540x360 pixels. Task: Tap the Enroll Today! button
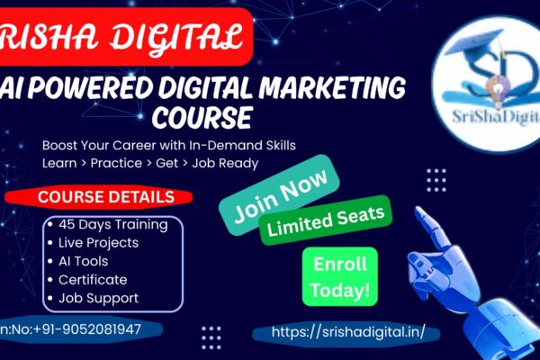pos(339,277)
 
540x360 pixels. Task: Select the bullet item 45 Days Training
pos(112,224)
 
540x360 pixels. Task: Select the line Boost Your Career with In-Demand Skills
pos(168,145)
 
